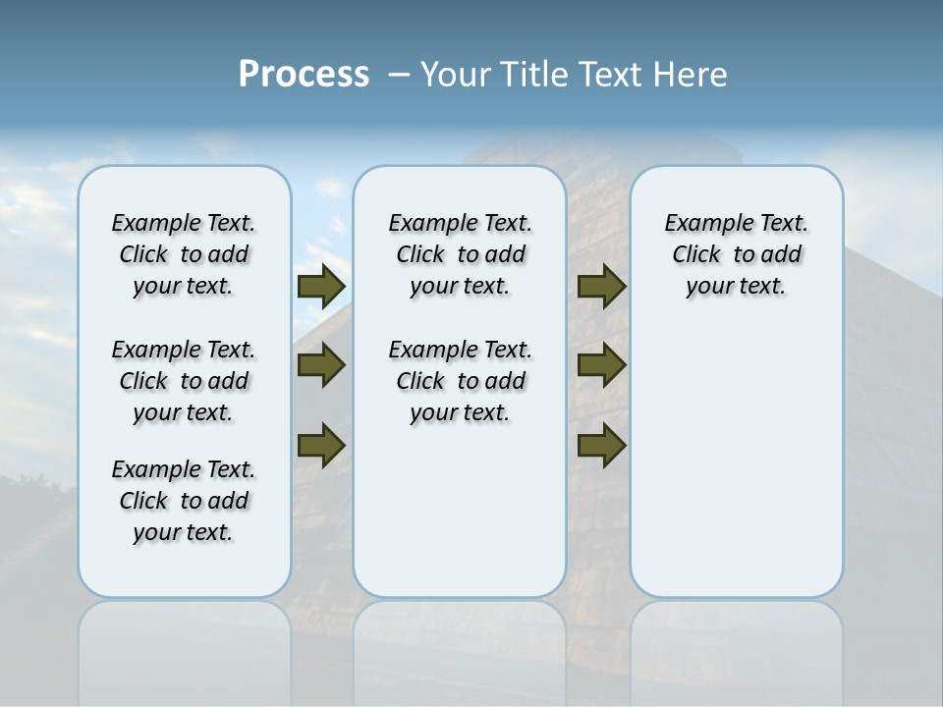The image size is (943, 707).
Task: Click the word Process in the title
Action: click(304, 74)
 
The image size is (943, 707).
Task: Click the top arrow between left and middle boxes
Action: click(320, 287)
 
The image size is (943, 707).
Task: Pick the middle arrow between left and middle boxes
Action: click(320, 365)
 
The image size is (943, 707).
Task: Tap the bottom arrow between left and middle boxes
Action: click(320, 444)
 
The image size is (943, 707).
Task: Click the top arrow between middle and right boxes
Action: click(601, 287)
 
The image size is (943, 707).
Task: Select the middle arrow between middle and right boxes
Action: click(601, 365)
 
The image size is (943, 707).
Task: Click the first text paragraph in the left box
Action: click(184, 254)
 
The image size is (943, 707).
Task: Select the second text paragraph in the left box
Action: click(184, 381)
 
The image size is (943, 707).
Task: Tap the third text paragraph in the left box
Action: click(184, 501)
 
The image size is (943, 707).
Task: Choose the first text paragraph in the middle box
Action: click(460, 254)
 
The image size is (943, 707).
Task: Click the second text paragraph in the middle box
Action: click(460, 381)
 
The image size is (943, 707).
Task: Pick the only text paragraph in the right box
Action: click(736, 254)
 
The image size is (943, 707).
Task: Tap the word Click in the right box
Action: click(696, 255)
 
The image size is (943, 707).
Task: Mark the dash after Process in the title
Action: click(399, 75)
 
